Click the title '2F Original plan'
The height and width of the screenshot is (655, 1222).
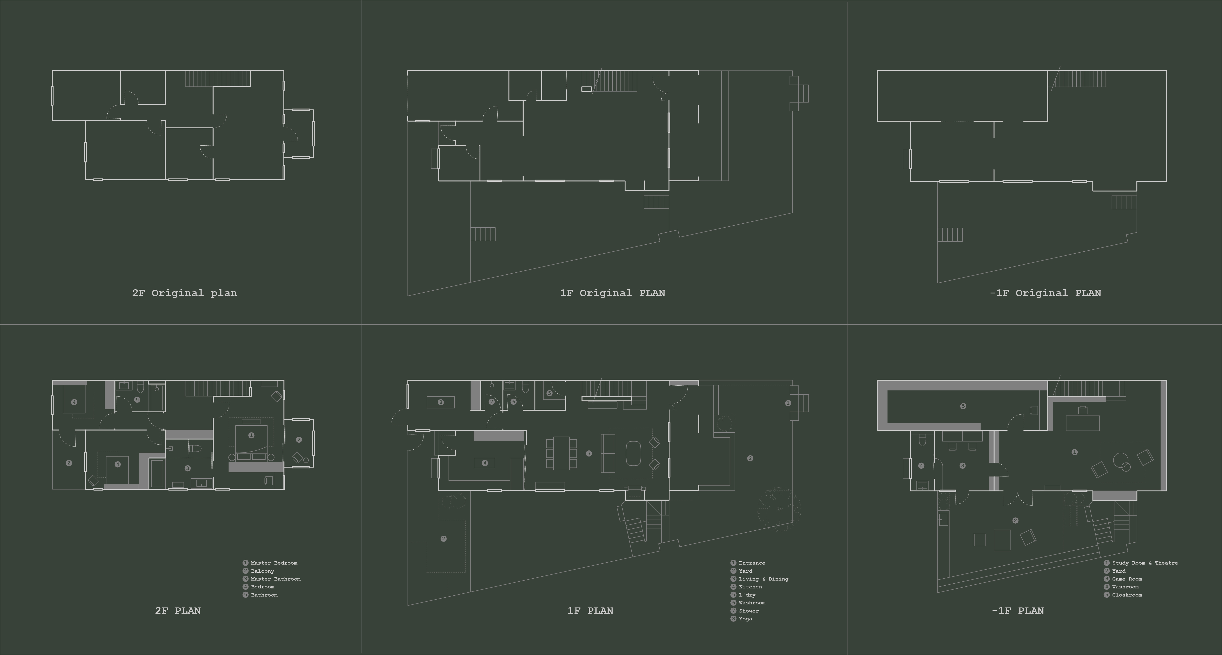(x=184, y=293)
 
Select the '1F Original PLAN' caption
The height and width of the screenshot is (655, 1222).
(x=612, y=293)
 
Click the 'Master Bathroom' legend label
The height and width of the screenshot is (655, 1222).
(x=276, y=579)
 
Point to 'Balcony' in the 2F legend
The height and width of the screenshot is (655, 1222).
(x=262, y=571)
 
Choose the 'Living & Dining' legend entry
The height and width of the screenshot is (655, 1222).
(x=763, y=579)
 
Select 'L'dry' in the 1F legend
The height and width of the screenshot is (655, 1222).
(x=747, y=595)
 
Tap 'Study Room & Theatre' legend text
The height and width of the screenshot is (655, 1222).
(x=1145, y=563)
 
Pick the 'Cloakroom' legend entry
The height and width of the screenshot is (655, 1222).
(x=1127, y=595)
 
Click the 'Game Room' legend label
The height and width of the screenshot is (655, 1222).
(x=1127, y=579)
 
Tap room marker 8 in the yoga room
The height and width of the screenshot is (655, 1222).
(x=441, y=402)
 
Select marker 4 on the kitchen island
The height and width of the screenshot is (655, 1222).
(x=484, y=463)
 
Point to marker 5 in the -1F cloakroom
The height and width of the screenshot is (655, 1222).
(x=963, y=406)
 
